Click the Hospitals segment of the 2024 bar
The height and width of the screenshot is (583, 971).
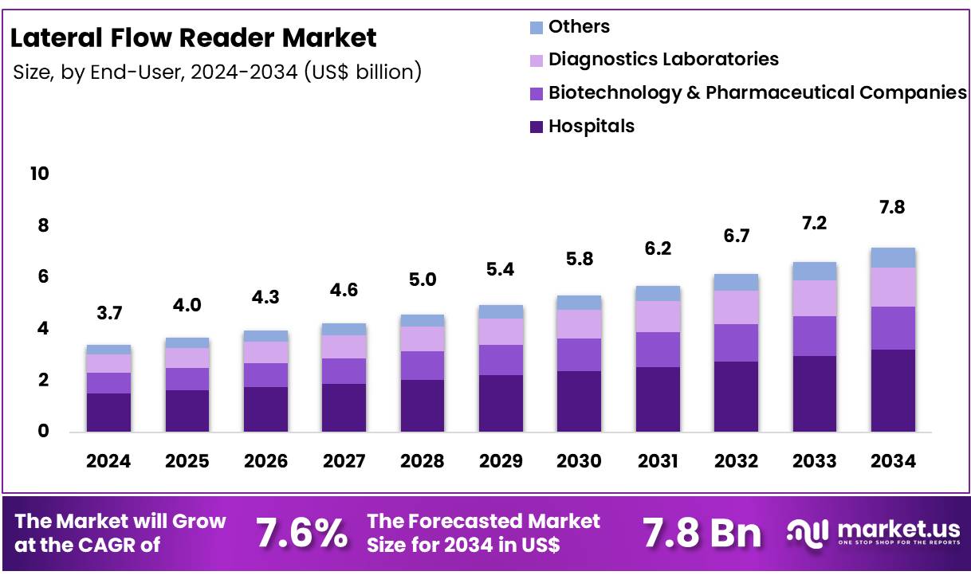tap(108, 413)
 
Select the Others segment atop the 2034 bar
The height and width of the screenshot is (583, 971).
tap(893, 257)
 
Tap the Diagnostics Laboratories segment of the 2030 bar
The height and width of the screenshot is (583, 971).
tap(579, 324)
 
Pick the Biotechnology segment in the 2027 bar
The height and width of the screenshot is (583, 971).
tap(344, 371)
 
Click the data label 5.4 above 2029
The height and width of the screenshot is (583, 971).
tap(501, 269)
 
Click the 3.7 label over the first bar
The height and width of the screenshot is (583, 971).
tap(108, 313)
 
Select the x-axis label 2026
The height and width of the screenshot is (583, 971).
tap(265, 461)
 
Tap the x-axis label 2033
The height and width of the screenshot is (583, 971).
tap(815, 461)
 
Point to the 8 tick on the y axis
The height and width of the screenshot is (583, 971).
tap(44, 225)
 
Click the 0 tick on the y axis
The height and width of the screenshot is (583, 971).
tap(44, 431)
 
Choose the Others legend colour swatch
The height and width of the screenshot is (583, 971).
tap(536, 27)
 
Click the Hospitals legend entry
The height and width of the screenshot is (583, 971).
tap(591, 126)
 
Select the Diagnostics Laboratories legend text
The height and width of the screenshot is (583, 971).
tap(663, 59)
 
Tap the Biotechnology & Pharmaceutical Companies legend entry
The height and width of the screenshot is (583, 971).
tap(757, 92)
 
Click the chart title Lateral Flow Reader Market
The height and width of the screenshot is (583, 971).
tap(194, 37)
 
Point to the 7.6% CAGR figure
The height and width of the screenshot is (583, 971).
tap(301, 533)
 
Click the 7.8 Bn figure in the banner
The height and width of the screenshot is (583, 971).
tap(702, 533)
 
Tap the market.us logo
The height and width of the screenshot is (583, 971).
tap(873, 532)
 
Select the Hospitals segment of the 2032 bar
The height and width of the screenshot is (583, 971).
tap(736, 397)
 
